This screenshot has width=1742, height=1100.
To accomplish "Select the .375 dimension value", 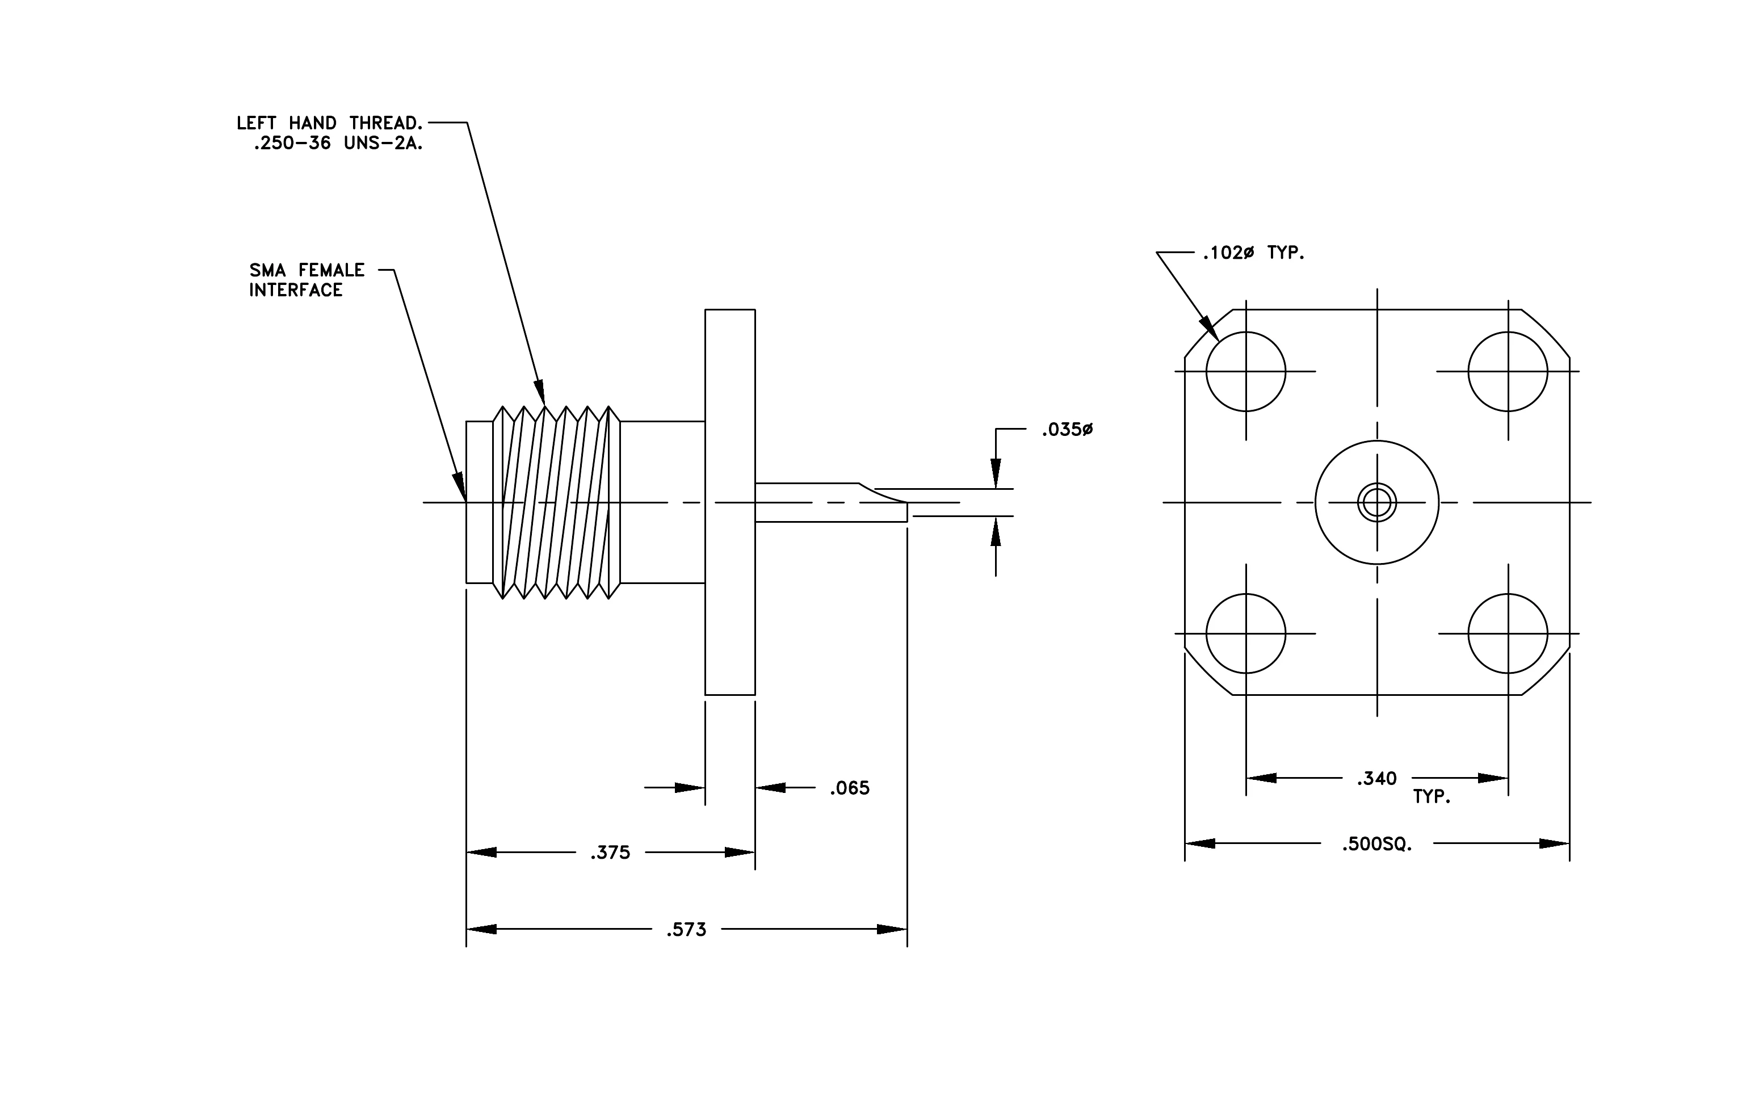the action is pyautogui.click(x=611, y=853).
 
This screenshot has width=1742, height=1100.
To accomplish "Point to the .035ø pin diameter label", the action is pyautogui.click(x=1067, y=430).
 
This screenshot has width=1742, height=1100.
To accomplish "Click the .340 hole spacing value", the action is pyautogui.click(x=1376, y=778).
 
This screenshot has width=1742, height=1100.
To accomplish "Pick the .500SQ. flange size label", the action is pyautogui.click(x=1378, y=844).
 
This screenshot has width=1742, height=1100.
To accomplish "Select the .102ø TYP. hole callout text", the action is pyautogui.click(x=1254, y=253).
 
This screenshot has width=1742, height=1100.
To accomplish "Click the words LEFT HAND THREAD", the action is pyautogui.click(x=330, y=123).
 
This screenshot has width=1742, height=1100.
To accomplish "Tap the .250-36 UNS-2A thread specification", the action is pyautogui.click(x=338, y=143).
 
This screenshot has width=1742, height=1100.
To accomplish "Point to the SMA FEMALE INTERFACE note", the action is pyautogui.click(x=307, y=280).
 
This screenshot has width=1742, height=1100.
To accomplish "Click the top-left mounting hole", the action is pyautogui.click(x=1246, y=372).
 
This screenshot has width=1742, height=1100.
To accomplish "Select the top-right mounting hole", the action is pyautogui.click(x=1508, y=372).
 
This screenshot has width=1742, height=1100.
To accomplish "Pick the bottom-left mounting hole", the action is pyautogui.click(x=1246, y=633).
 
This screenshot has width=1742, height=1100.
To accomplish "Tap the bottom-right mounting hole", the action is pyautogui.click(x=1508, y=633).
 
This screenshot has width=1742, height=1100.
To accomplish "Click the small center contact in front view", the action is pyautogui.click(x=1376, y=502).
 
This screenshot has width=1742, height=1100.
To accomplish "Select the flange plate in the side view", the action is pyautogui.click(x=730, y=502).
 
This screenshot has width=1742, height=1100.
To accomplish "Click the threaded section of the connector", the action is pyautogui.click(x=556, y=502).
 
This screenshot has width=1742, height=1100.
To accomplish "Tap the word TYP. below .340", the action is pyautogui.click(x=1432, y=797).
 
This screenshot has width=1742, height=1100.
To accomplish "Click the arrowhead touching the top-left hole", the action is pyautogui.click(x=1210, y=329).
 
